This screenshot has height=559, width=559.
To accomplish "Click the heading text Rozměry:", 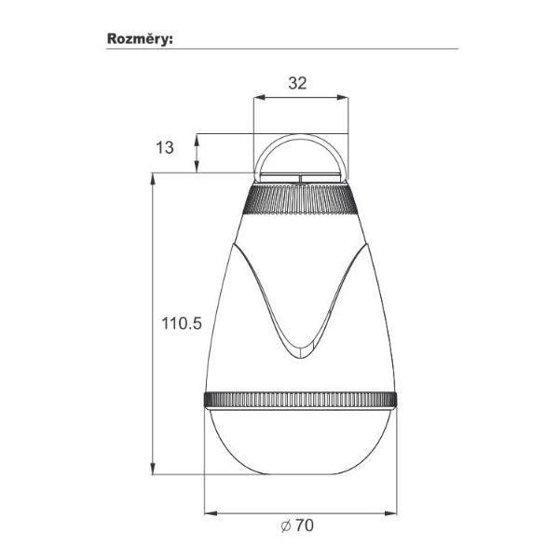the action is (140, 39).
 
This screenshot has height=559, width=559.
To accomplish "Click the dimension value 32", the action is (297, 83).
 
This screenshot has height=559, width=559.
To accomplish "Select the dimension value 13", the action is (165, 147).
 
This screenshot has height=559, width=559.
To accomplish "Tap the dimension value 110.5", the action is (182, 323).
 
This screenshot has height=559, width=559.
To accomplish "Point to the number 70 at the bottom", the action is (305, 525).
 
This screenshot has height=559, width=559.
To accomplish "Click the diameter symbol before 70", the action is (286, 525).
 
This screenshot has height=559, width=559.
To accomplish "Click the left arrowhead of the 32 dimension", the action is (259, 97).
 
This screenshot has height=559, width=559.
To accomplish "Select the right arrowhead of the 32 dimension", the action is (342, 97).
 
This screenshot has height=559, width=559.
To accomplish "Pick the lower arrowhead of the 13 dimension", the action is (196, 167).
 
